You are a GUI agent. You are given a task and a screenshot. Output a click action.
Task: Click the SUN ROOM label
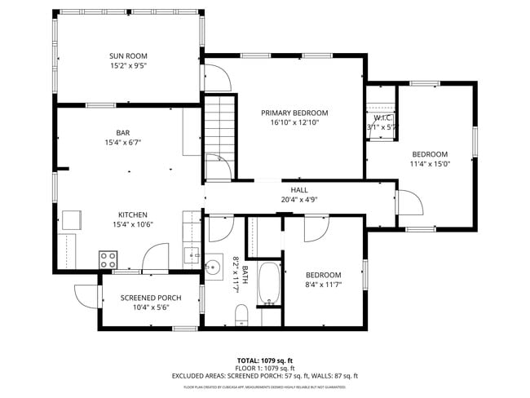pyautogui.click(x=128, y=56)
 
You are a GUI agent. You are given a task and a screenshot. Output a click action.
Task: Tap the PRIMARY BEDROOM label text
pyautogui.click(x=294, y=113)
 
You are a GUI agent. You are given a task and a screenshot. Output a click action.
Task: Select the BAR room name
pyautogui.click(x=122, y=131)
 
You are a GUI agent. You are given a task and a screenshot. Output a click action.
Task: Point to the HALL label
pyautogui.click(x=288, y=189)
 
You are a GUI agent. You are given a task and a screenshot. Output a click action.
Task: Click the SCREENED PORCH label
pyautogui.click(x=151, y=298)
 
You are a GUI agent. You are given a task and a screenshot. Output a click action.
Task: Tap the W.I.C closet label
pyautogui.click(x=380, y=117)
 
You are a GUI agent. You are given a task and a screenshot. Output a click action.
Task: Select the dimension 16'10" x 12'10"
pyautogui.click(x=294, y=123)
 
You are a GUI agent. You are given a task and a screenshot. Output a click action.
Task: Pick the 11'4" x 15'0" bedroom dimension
pyautogui.click(x=429, y=164)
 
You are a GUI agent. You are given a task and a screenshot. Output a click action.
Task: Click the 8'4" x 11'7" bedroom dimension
pyautogui.click(x=323, y=285)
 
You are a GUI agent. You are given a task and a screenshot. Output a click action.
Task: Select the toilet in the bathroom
pyautogui.click(x=241, y=314)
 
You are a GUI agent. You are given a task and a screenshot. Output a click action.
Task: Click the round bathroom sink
pyautogui.click(x=214, y=266)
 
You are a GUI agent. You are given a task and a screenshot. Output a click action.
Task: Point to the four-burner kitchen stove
pyautogui.click(x=108, y=260)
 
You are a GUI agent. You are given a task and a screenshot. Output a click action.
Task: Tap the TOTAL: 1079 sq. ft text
pyautogui.click(x=264, y=360)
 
